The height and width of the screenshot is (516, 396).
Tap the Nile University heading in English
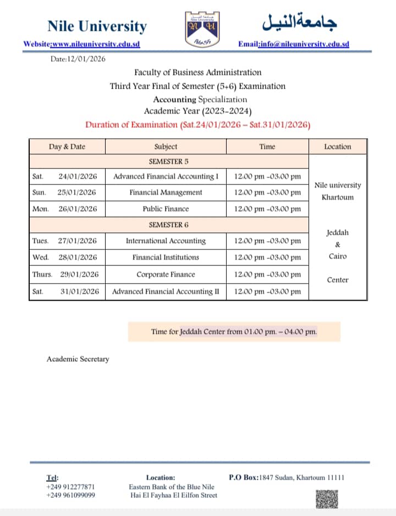point(97,26)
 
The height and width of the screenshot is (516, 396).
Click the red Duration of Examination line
point(198,124)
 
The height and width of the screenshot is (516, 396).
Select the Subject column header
point(166,147)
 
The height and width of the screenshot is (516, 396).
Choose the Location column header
point(337,147)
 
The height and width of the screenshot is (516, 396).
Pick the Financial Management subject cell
point(166,193)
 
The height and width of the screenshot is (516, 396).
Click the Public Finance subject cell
point(166,209)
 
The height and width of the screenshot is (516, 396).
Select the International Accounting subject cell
point(166,241)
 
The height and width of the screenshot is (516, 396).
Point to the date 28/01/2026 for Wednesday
point(78,257)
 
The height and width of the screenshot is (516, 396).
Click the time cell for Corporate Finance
point(267,274)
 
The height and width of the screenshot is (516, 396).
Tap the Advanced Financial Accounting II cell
point(166,292)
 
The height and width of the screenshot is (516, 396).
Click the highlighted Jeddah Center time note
point(234,332)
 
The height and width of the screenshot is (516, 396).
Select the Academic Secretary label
point(78,359)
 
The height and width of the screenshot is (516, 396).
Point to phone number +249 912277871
point(70,487)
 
